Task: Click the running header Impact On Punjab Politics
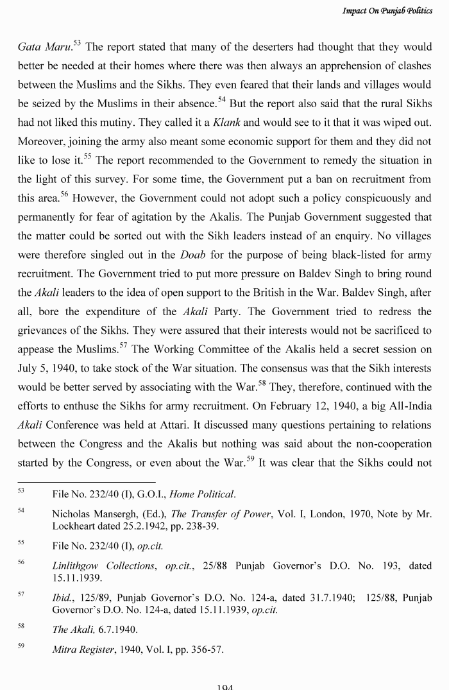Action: point(387,11)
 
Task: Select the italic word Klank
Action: point(226,122)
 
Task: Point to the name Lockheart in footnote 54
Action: point(76,526)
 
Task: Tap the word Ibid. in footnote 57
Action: point(62,598)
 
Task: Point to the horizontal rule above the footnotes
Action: point(86,482)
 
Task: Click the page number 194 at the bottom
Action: point(224,687)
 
